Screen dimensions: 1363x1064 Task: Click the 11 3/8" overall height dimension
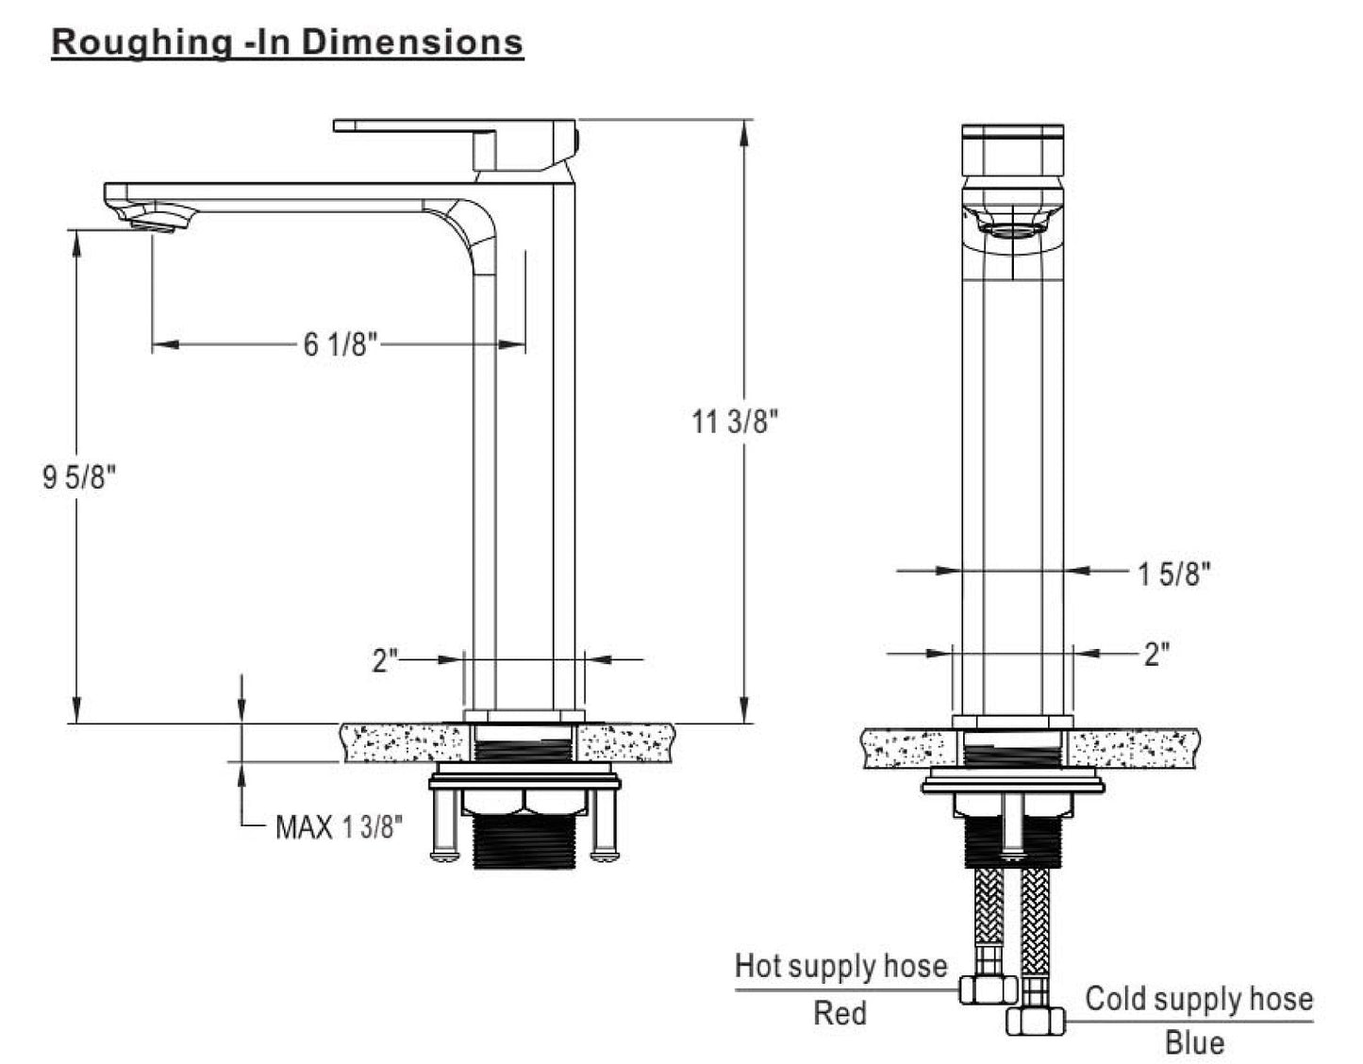(x=734, y=421)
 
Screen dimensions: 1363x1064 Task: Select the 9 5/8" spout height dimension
(x=79, y=477)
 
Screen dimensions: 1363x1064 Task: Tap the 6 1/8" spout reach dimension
(x=341, y=344)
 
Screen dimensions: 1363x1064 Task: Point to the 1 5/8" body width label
(x=1174, y=574)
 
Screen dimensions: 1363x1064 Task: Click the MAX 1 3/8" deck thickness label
(x=339, y=827)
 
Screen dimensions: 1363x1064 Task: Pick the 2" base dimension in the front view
(x=1157, y=655)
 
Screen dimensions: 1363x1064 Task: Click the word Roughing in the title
(x=141, y=43)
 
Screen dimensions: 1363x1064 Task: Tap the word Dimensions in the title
(x=412, y=42)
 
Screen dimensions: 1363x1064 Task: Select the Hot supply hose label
(x=840, y=966)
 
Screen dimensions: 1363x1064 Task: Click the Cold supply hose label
(x=1199, y=999)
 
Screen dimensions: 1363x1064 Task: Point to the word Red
(x=839, y=1013)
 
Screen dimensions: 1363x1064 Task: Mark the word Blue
(x=1195, y=1043)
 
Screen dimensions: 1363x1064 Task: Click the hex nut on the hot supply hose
(x=988, y=989)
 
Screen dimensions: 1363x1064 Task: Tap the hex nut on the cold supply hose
(x=1036, y=1022)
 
